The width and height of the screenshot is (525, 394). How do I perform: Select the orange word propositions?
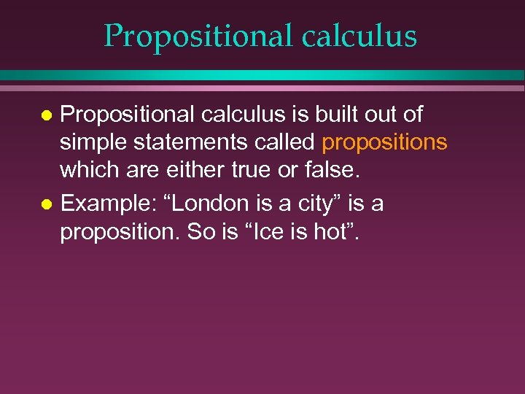[x=384, y=142]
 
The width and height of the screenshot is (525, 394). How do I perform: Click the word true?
[x=252, y=170]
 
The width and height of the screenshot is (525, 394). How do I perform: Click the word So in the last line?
[x=203, y=233]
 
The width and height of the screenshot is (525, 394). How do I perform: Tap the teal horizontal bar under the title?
[x=262, y=75]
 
